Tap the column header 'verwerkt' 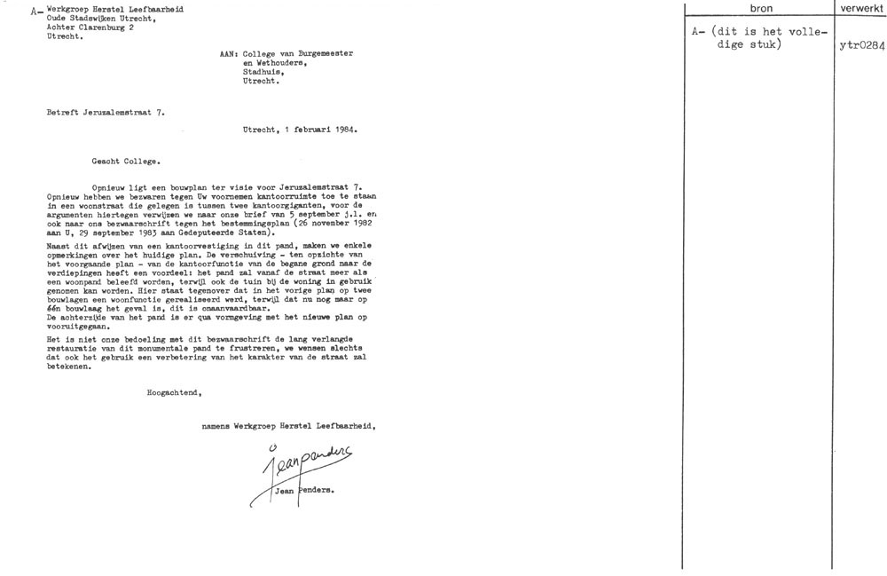(x=860, y=9)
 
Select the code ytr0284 (x=860, y=46)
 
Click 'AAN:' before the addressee (x=229, y=54)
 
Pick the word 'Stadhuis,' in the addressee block (x=263, y=72)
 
